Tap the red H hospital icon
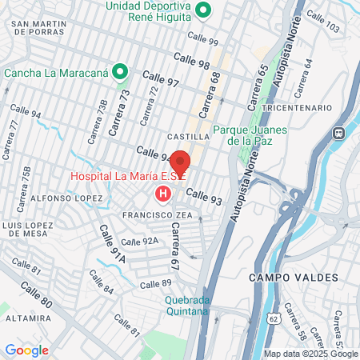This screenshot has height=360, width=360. pyautogui.click(x=163, y=194)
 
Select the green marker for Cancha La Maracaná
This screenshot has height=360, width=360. pyautogui.click(x=121, y=73)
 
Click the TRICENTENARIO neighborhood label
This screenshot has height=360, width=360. pyautogui.click(x=298, y=107)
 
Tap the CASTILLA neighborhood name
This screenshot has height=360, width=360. pyautogui.click(x=188, y=138)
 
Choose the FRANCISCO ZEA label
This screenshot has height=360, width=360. pyautogui.click(x=155, y=216)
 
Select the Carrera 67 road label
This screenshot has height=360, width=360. pyautogui.click(x=174, y=246)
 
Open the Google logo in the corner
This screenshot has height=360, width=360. pyautogui.click(x=26, y=350)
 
